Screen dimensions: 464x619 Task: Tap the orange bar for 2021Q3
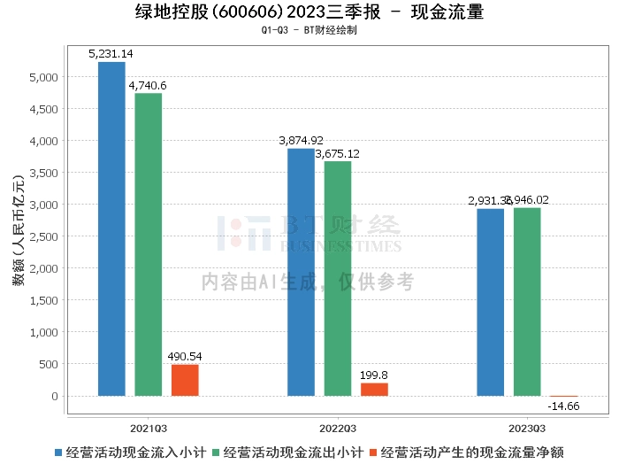click(x=185, y=380)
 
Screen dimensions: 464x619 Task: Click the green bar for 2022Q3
click(x=338, y=278)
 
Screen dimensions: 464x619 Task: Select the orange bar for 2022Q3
click(x=374, y=389)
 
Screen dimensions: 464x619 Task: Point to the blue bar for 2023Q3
click(x=490, y=302)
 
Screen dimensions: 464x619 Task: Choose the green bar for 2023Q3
click(x=527, y=301)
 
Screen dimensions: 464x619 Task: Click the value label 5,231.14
click(x=111, y=54)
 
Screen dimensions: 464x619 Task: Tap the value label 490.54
click(x=185, y=356)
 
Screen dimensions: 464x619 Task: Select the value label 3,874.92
click(x=301, y=141)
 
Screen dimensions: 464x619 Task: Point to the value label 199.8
click(x=374, y=375)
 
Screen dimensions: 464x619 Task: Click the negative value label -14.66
click(x=563, y=406)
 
